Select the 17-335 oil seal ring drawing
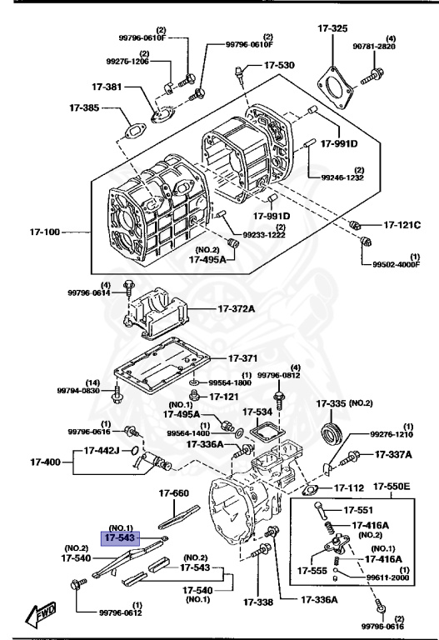[332, 432]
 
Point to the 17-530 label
[279, 65]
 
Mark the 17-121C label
[402, 225]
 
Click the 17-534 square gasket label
[257, 411]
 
